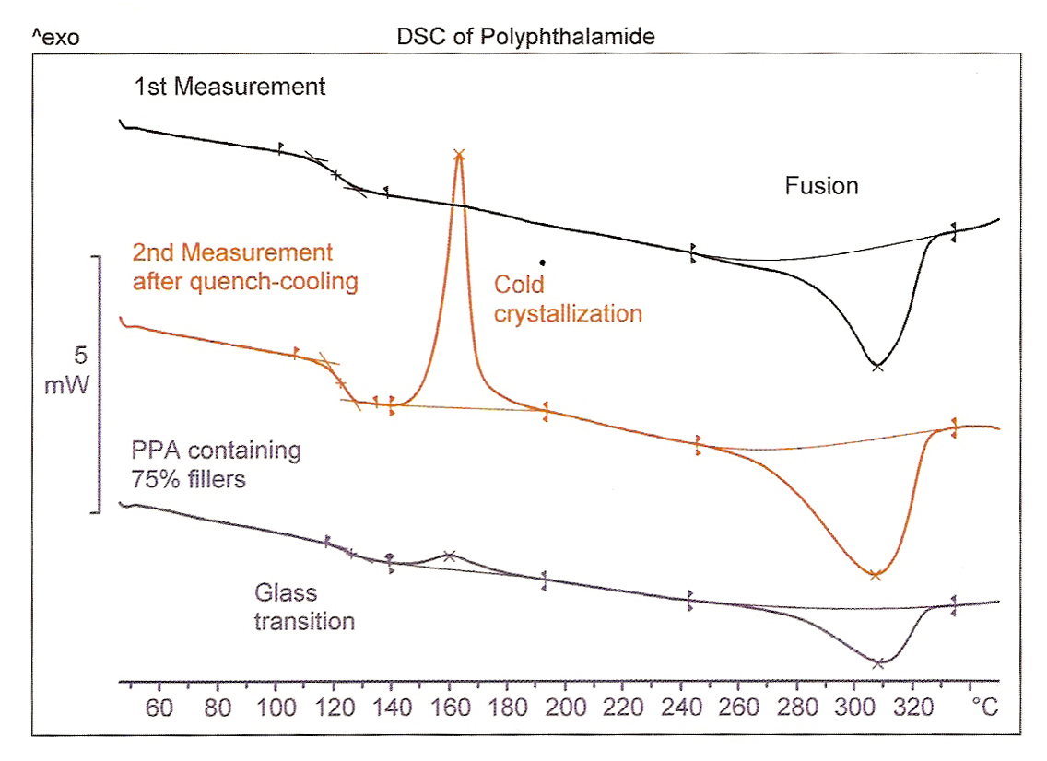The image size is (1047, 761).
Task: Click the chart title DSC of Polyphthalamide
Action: [525, 37]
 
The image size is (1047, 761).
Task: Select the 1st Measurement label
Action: [229, 88]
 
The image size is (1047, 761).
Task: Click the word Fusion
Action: [821, 186]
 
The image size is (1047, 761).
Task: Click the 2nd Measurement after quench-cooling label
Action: [245, 267]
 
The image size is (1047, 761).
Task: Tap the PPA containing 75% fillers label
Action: [217, 464]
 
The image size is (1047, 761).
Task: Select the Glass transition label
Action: [304, 607]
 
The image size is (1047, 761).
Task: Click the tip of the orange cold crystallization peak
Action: [459, 154]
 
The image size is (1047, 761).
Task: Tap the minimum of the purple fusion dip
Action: [877, 662]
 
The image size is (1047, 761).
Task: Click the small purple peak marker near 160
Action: [449, 556]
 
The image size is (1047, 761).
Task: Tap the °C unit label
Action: [984, 709]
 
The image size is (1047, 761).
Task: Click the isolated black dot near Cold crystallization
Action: [543, 262]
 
